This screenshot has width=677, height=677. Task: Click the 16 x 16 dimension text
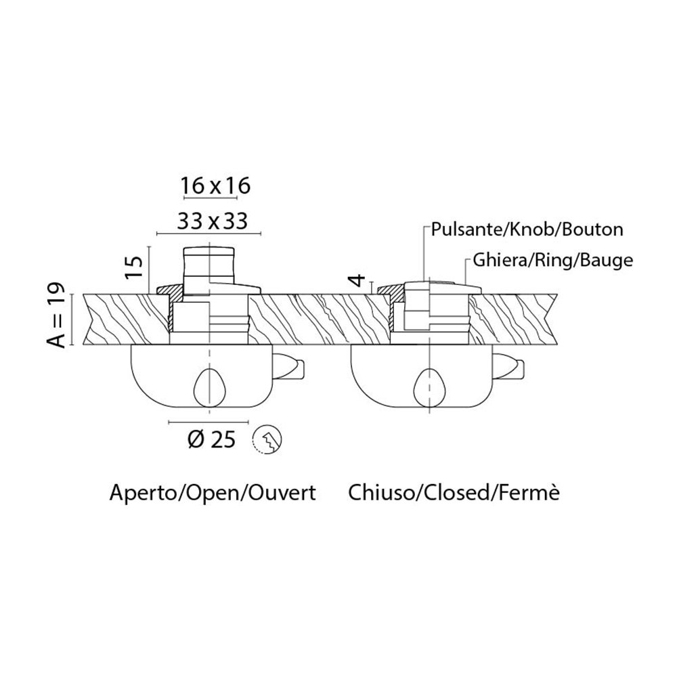pos(215,186)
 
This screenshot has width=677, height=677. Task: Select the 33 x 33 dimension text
pos(213,221)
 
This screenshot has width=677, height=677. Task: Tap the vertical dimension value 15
pos(135,267)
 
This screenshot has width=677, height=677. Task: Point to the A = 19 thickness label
pos(56,315)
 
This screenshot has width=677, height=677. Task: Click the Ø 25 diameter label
pos(212,440)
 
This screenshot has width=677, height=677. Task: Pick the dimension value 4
pos(358,281)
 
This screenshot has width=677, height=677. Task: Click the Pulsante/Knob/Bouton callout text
pos(527,230)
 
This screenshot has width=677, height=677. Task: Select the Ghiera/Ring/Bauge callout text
pos(553,261)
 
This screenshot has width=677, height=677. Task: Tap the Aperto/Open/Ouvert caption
pos(213,493)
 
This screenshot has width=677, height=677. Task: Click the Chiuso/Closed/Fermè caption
pos(454,493)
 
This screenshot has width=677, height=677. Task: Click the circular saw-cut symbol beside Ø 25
pos(266,440)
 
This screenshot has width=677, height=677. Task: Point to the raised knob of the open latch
pos(209,267)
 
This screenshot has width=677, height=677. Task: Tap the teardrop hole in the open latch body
pos(209,387)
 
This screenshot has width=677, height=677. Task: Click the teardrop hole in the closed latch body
pos(430,387)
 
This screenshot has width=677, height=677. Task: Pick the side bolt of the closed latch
pos(508,366)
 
